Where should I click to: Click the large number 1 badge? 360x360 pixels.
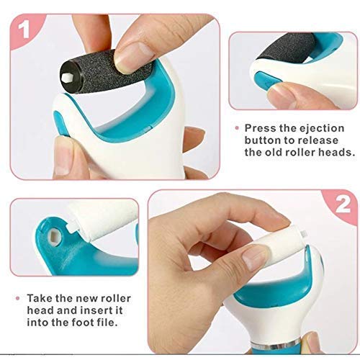[24, 29]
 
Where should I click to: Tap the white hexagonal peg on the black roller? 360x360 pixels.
[66, 77]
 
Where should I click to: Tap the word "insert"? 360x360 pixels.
[96, 310]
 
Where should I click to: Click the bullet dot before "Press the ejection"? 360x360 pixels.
[237, 128]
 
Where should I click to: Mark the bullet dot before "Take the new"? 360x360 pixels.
[17, 298]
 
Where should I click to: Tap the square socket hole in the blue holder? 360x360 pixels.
[54, 233]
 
